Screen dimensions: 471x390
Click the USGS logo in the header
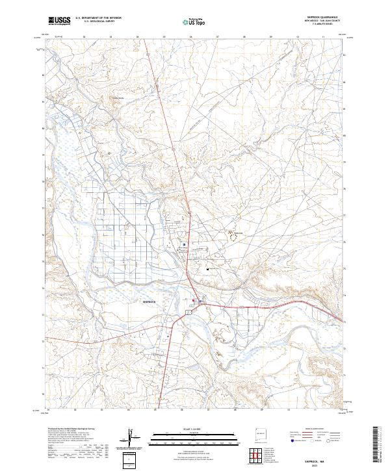[x=59, y=21]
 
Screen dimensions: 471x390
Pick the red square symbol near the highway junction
[x=194, y=300]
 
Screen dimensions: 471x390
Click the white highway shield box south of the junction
[x=188, y=312]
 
